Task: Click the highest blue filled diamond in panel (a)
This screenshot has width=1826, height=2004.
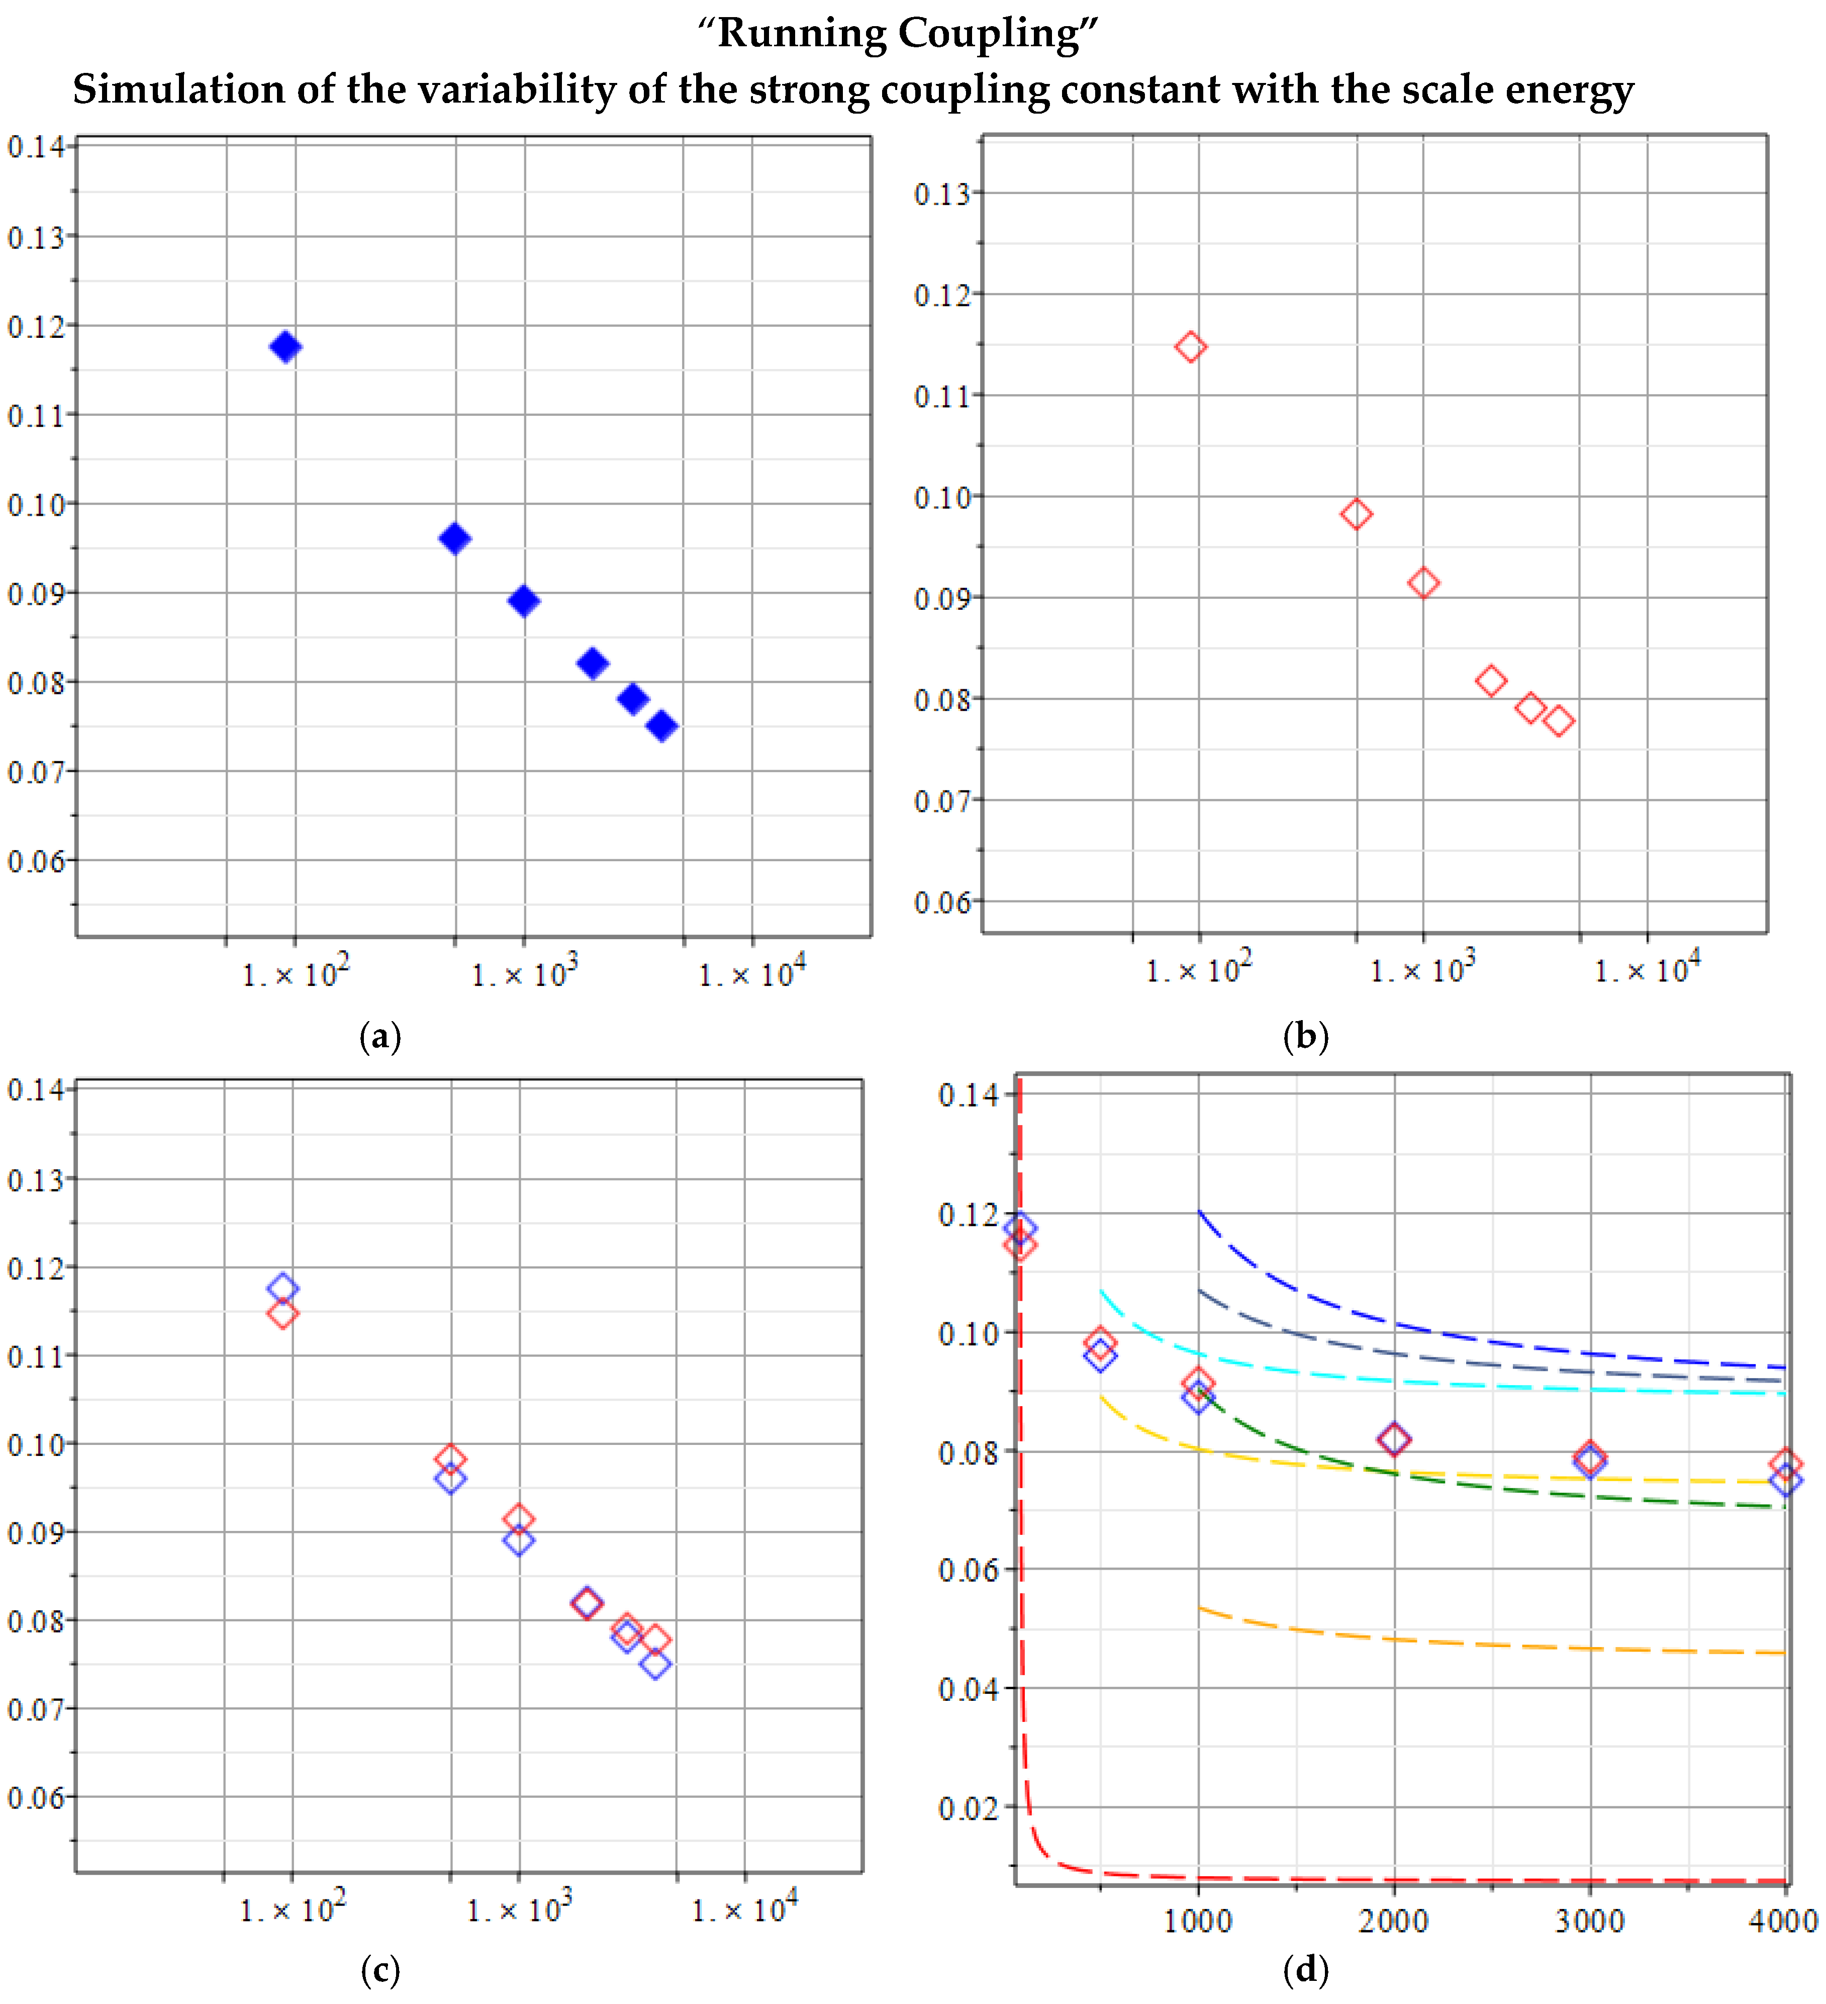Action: (x=285, y=347)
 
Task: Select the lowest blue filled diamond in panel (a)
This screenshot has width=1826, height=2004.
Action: (x=662, y=726)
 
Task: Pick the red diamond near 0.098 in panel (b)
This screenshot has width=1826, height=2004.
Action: (x=1356, y=514)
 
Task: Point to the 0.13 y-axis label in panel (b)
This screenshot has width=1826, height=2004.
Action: (x=940, y=194)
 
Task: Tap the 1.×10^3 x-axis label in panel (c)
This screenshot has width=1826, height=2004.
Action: (x=519, y=1908)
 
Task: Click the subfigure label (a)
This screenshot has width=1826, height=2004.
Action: (x=379, y=1037)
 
